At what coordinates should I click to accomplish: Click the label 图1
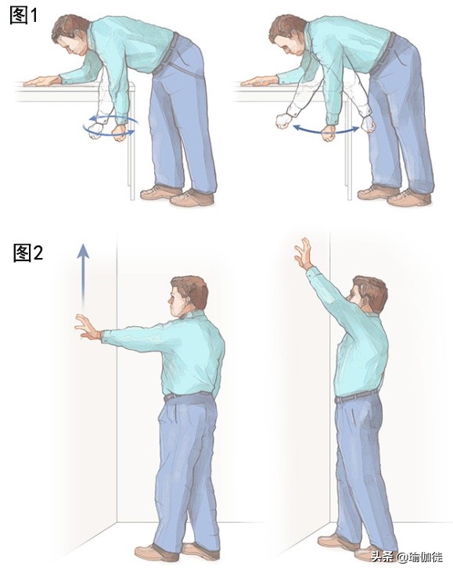click(x=23, y=16)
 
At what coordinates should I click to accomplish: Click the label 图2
click(x=28, y=252)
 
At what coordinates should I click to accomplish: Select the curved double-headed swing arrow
click(x=326, y=130)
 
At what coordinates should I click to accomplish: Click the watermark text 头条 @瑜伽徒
click(x=407, y=557)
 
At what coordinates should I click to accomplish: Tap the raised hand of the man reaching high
click(x=304, y=253)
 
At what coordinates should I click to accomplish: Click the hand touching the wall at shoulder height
click(x=88, y=328)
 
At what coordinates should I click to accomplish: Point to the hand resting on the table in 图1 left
click(x=42, y=81)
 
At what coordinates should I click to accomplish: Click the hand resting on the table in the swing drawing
click(x=259, y=81)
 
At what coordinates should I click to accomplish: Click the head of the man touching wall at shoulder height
click(x=189, y=296)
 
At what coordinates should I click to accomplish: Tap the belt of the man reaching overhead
click(x=356, y=397)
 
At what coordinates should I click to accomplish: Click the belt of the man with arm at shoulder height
click(x=189, y=396)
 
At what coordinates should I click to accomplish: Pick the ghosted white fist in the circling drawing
click(x=95, y=131)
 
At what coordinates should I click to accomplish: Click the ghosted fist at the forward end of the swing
click(x=284, y=121)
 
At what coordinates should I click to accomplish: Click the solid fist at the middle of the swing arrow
click(x=328, y=133)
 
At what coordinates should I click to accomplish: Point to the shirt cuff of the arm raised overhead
click(x=311, y=271)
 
